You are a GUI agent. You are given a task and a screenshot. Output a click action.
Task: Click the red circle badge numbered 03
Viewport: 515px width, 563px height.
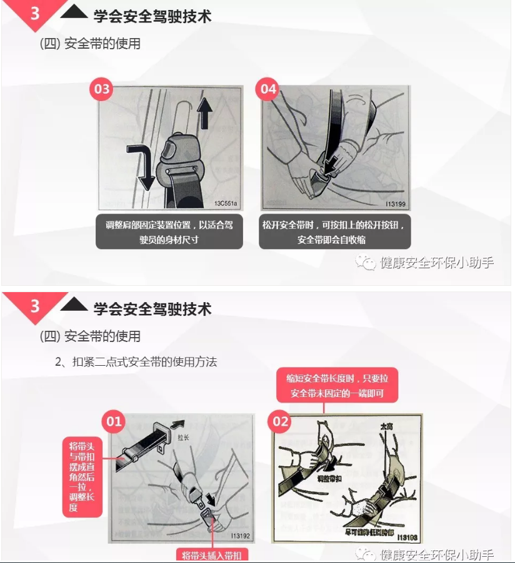pos(101,89)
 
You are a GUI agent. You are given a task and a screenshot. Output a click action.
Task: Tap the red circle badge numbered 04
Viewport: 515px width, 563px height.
pos(267,89)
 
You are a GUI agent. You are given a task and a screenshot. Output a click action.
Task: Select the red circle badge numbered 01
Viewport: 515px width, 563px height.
pos(114,422)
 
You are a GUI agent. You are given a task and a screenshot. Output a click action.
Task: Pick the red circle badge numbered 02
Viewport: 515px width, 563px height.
pos(281,422)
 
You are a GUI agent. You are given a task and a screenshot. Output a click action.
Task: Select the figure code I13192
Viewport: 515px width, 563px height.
pos(241,536)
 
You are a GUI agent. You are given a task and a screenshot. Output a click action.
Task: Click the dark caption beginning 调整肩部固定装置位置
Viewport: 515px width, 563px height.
pos(169,232)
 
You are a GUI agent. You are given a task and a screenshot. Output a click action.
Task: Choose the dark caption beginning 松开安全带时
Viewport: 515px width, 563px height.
pos(335,232)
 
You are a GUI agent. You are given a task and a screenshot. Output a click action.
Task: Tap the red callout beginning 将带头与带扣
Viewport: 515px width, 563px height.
pos(82,477)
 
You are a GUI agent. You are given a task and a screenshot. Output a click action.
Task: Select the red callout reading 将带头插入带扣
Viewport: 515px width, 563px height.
pos(215,555)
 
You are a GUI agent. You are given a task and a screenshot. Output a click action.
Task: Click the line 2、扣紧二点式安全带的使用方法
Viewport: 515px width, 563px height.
pos(136,361)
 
